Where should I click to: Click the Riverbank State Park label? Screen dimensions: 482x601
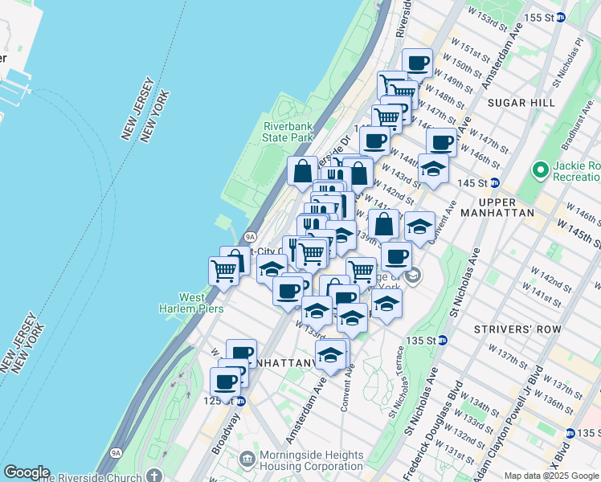[287, 132]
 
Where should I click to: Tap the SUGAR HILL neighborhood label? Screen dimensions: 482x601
[526, 103]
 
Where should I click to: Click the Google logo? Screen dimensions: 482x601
[26, 472]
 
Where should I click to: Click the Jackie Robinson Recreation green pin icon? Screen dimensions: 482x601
[540, 170]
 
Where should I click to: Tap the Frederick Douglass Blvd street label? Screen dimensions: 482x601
[424, 402]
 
